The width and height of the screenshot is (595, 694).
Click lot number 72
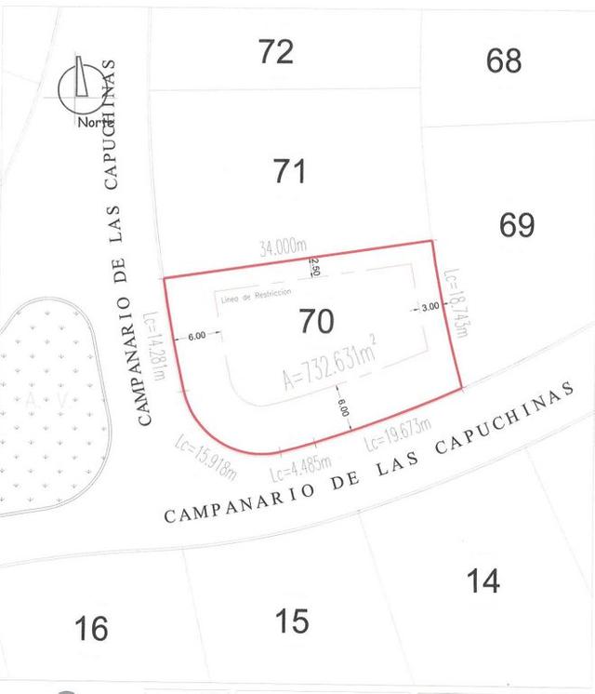pos(276,52)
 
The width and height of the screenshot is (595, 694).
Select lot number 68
pos(504,61)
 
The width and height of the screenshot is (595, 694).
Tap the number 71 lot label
pos(289,171)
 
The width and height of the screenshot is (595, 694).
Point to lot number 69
pos(517,225)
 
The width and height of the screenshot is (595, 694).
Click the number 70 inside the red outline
pos(316,322)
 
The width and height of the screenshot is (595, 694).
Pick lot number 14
pos(483,581)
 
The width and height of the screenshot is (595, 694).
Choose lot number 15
pos(293,621)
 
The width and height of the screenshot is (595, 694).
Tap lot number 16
pos(91,629)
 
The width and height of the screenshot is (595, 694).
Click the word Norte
pos(95,122)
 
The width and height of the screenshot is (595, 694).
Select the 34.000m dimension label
pos(284,247)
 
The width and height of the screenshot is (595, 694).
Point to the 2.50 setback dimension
pos(316,266)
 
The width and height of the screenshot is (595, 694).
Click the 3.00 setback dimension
pos(430,307)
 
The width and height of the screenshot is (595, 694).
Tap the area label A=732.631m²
pos(329,364)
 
